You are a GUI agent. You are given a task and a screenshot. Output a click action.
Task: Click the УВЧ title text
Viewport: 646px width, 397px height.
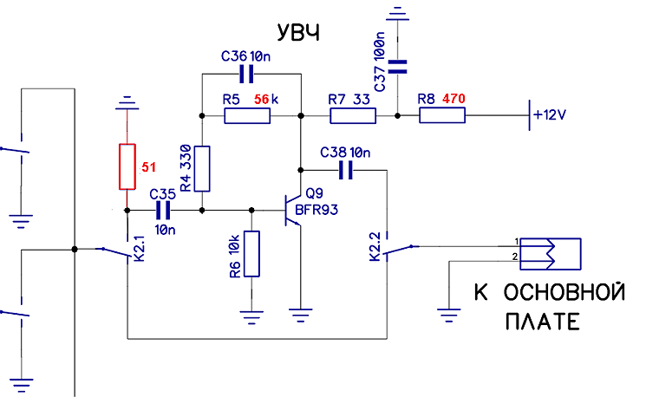tap(298, 32)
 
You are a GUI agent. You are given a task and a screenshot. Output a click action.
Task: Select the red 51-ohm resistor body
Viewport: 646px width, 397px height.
tap(127, 166)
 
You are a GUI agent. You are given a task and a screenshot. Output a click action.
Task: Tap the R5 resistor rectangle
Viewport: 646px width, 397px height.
tap(247, 116)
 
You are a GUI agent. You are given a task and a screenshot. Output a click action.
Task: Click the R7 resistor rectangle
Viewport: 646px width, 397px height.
tap(353, 116)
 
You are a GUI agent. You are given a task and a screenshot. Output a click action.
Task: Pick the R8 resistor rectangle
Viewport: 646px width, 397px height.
tap(442, 115)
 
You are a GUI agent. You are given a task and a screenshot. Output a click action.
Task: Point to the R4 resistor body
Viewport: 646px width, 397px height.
tap(202, 169)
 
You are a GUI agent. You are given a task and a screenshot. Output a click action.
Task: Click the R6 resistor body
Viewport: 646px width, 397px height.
tap(251, 254)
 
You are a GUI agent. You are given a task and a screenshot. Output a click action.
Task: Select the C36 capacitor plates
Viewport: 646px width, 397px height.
tap(246, 75)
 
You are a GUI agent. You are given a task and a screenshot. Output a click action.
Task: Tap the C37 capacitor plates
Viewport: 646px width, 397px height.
tap(397, 67)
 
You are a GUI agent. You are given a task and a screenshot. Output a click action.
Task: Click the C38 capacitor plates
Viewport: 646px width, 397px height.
tap(346, 170)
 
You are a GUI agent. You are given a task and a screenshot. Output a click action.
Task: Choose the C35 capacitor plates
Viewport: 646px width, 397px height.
tap(163, 211)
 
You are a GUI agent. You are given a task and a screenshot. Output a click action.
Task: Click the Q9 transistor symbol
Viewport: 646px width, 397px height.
tap(293, 210)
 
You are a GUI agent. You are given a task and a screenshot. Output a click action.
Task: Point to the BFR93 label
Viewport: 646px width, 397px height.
tap(316, 210)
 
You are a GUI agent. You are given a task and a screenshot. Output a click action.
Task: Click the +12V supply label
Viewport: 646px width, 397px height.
tap(550, 114)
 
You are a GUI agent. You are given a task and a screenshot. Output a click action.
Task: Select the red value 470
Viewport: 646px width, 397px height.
tap(454, 99)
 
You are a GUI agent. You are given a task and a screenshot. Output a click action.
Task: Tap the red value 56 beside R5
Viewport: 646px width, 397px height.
tap(262, 99)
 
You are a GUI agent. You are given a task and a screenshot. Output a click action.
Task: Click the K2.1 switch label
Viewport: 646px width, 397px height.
tap(140, 248)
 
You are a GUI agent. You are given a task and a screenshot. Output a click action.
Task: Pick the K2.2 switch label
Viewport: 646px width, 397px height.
tap(375, 246)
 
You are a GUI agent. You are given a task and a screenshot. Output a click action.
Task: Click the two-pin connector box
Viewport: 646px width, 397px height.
tap(551, 254)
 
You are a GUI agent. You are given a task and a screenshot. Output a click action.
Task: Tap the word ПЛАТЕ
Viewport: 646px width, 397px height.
tap(543, 322)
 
